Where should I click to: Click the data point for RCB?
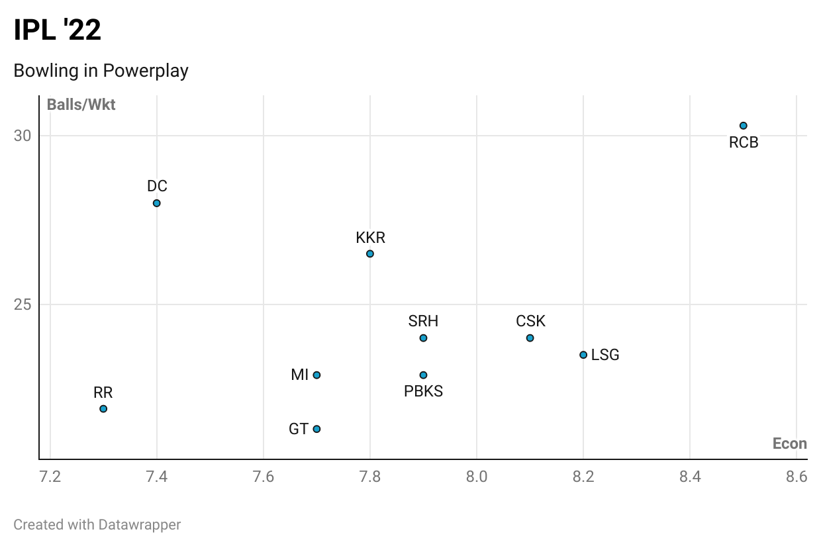pyautogui.click(x=743, y=126)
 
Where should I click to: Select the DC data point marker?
pyautogui.click(x=157, y=203)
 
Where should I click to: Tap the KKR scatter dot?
pyautogui.click(x=370, y=254)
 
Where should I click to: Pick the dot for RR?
pyautogui.click(x=103, y=408)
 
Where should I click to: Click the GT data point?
pyautogui.click(x=316, y=429)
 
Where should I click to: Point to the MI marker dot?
pyautogui.click(x=316, y=375)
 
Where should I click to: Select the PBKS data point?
pyautogui.click(x=423, y=375)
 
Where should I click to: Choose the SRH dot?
pyautogui.click(x=423, y=338)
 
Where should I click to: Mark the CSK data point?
pyautogui.click(x=530, y=338)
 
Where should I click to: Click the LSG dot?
pyautogui.click(x=583, y=355)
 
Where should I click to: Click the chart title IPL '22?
pyautogui.click(x=58, y=30)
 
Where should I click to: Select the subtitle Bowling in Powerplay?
pyautogui.click(x=101, y=71)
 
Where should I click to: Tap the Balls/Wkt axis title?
pyautogui.click(x=81, y=105)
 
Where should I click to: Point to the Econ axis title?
pyautogui.click(x=789, y=443)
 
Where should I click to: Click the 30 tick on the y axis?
pyautogui.click(x=23, y=136)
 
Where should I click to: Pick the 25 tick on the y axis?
pyautogui.click(x=23, y=304)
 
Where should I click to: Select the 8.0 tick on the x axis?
pyautogui.click(x=477, y=477)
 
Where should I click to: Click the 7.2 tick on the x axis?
pyautogui.click(x=50, y=477)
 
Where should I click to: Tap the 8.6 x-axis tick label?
pyautogui.click(x=796, y=477)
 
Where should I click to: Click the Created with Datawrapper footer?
pyautogui.click(x=97, y=525)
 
